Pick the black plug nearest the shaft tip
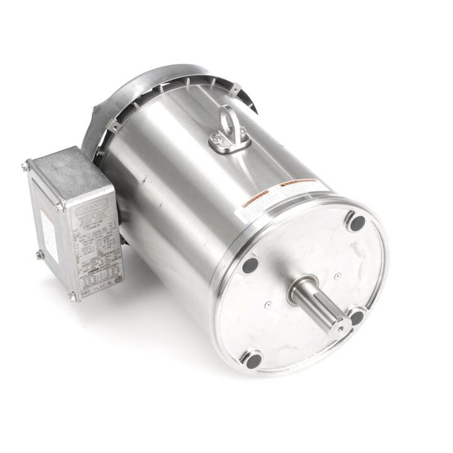coord(356,316)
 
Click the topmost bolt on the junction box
coord(25,166)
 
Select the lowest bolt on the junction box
coord(73,296)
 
